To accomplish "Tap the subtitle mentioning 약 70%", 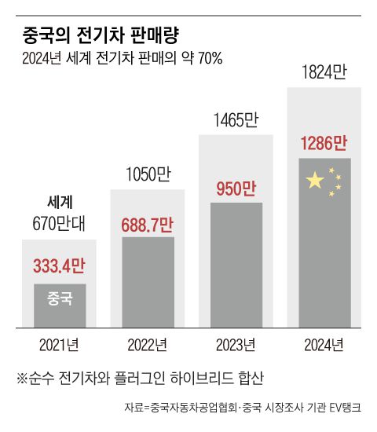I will tap(123, 60).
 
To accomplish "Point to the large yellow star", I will tap(314, 181).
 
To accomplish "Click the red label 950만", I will tap(236, 189).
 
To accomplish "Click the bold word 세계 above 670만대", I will tap(60, 202).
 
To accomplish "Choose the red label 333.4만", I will tap(59, 265).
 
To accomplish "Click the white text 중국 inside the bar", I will tap(60, 298).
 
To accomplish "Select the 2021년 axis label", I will tap(59, 343).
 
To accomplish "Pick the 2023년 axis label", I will tap(236, 343).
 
